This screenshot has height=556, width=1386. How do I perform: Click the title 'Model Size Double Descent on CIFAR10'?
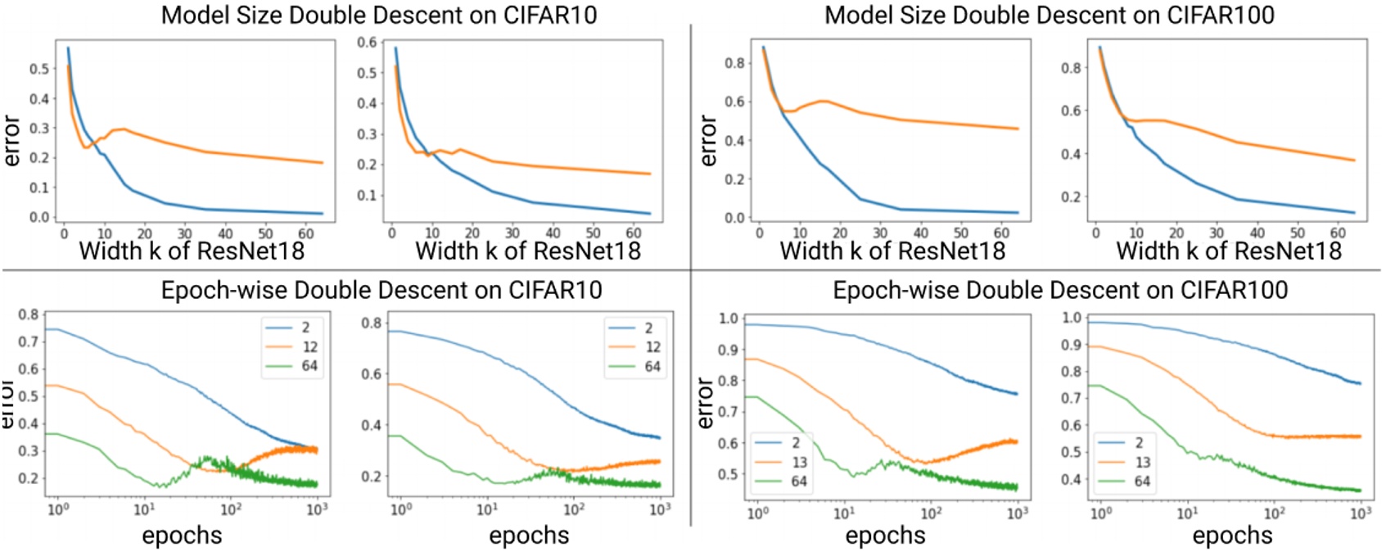[378, 15]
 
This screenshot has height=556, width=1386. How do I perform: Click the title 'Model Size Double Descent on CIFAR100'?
[1049, 15]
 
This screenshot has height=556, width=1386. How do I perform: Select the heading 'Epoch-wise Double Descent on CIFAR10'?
[381, 290]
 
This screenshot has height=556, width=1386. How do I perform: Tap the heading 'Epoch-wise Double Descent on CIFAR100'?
[1060, 290]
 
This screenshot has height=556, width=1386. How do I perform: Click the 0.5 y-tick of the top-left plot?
[39, 69]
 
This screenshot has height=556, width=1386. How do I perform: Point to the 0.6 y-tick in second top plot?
[368, 42]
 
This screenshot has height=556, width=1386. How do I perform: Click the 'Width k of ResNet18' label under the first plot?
[192, 251]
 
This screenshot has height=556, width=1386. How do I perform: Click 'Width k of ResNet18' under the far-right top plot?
[1229, 251]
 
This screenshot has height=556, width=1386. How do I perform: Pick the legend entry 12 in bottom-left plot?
[309, 346]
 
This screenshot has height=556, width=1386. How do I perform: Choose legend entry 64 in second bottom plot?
[652, 366]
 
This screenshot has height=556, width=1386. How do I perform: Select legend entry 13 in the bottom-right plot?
[1142, 462]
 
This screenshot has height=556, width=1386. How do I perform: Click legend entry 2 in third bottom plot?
[795, 442]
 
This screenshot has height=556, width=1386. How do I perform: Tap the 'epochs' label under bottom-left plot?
[182, 536]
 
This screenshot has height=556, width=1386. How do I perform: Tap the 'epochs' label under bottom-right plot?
[1232, 536]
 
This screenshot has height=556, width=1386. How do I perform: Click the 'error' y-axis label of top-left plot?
[11, 141]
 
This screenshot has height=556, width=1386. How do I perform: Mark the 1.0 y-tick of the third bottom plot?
[728, 319]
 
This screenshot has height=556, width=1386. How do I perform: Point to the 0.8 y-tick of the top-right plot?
[1072, 67]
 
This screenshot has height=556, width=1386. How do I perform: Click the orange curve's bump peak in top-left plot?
[122, 129]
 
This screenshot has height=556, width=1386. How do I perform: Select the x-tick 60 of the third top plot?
[1001, 233]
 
